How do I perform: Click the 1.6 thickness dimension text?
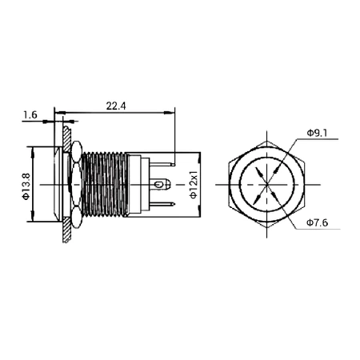point(30,115)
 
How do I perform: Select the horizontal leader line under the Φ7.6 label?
point(319,230)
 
